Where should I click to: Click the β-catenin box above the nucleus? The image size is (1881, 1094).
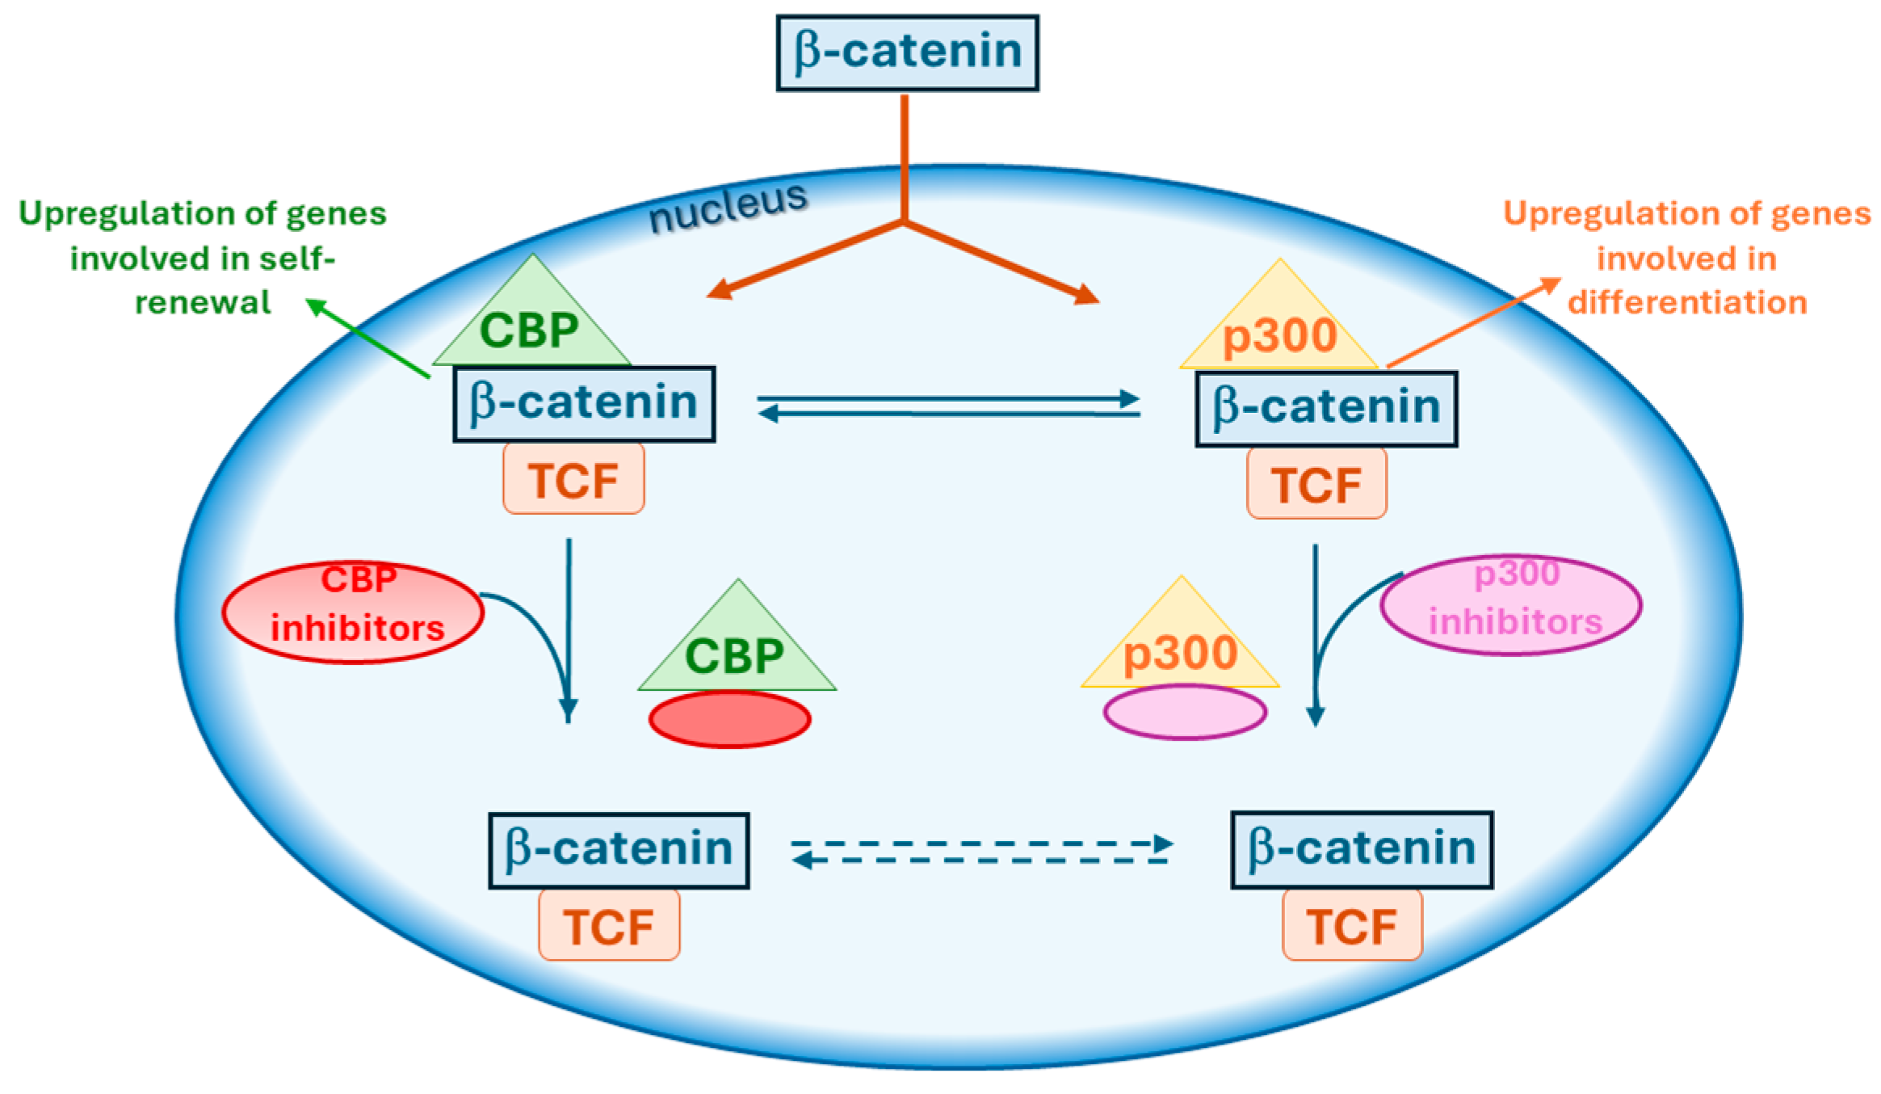pos(907,53)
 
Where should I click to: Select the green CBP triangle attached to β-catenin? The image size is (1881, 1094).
pos(531,323)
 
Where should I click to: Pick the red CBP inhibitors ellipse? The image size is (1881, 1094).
pos(353,612)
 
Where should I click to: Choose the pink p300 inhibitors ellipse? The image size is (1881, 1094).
pos(1511,604)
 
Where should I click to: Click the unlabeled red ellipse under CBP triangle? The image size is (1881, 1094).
pos(729,719)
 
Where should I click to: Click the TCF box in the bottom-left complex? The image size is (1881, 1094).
pos(609,925)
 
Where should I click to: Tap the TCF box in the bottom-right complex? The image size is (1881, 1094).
pos(1352,925)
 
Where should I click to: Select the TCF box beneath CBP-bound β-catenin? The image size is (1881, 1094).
pos(573,479)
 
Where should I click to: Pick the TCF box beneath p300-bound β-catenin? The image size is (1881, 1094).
pos(1316,483)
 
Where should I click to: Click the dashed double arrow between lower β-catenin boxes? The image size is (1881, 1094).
pos(981,852)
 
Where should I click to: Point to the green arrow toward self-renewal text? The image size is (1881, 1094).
pos(368,339)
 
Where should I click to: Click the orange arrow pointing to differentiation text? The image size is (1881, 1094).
pos(1474,322)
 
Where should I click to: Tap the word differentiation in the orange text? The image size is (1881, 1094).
pos(1686,302)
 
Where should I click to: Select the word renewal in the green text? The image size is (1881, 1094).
pos(203,302)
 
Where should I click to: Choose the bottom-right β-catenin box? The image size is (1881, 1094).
pos(1362,849)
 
